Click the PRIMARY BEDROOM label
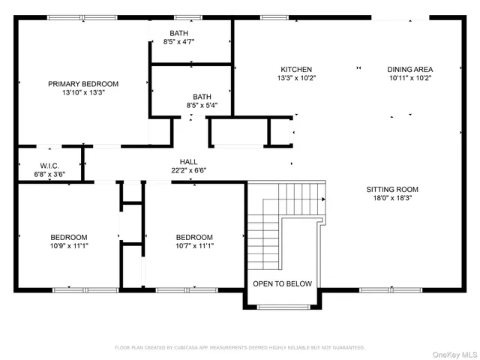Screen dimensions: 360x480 83,84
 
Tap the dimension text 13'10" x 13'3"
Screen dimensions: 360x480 83,93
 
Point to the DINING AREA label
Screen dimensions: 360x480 409,69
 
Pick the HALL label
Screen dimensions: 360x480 188,161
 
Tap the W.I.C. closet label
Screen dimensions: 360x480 49,166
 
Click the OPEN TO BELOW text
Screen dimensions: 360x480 282,284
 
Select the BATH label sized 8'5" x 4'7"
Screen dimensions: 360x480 178,33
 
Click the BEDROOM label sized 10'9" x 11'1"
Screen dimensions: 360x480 68,237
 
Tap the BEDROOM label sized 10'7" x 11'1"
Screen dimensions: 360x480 193,237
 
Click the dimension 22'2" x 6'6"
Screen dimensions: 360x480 188,170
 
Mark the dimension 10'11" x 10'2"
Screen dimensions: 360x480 409,78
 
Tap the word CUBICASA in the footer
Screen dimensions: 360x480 193,347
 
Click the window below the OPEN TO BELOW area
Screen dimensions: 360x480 282,306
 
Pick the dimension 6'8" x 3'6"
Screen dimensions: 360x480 49,175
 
